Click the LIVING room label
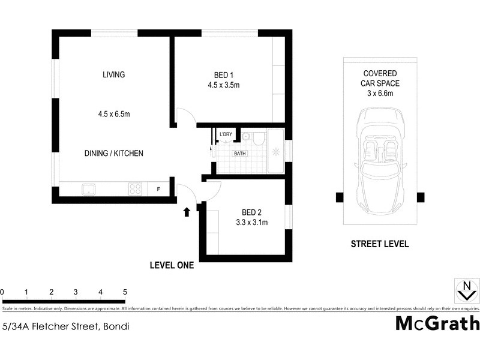(x=113, y=75)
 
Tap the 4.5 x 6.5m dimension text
(x=114, y=114)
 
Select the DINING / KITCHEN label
(x=114, y=154)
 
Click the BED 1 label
(x=224, y=75)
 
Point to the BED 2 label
(x=251, y=212)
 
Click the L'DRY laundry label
(x=226, y=134)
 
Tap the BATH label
(x=240, y=154)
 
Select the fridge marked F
(x=158, y=189)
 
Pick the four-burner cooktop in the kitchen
(x=135, y=189)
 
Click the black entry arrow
(x=187, y=211)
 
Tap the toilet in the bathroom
(x=257, y=140)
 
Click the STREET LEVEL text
(x=380, y=244)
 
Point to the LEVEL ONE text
(x=172, y=265)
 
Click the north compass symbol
(x=465, y=290)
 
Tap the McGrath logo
(x=437, y=323)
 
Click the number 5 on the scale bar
(x=125, y=292)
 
